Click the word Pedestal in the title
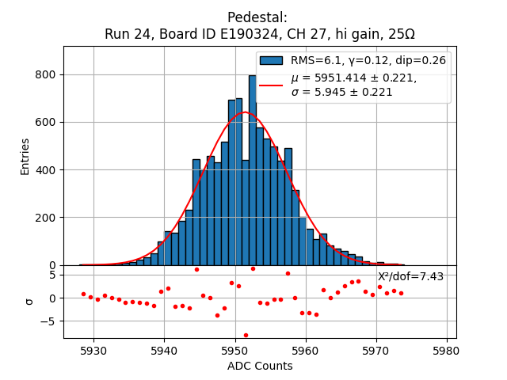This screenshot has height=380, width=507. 257,17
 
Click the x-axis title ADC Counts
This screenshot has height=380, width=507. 260,366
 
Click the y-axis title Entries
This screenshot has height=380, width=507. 25,156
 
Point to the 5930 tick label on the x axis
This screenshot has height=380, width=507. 93,350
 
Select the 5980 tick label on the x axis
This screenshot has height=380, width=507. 446,350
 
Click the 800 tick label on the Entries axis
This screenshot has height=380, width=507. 45,75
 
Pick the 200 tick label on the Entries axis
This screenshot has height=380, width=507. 45,218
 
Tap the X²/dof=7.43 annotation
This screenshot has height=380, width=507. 410,276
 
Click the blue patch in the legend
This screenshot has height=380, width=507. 272,61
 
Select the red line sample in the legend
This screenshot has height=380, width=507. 272,85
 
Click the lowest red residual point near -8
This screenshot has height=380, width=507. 246,335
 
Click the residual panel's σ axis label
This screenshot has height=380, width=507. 29,301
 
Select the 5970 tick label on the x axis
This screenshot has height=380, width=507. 375,350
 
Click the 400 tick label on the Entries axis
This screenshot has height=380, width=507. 45,170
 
